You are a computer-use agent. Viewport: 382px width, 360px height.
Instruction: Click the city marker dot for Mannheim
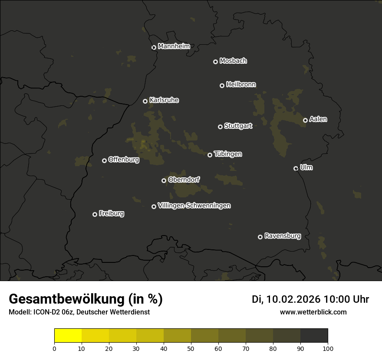tap(154, 48)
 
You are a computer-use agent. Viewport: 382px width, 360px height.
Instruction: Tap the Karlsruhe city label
tap(164, 100)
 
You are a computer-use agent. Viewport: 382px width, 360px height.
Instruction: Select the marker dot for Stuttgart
tap(220, 127)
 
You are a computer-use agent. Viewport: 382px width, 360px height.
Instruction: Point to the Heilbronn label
tap(241, 85)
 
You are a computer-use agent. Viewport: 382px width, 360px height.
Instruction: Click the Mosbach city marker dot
tap(215, 62)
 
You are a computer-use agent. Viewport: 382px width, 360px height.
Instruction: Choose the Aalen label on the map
tap(318, 119)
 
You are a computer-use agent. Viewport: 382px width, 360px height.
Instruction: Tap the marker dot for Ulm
tap(296, 168)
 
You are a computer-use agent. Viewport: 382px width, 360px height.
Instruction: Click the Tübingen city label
tap(228, 154)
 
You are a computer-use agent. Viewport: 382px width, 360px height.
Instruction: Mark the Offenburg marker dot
tap(104, 160)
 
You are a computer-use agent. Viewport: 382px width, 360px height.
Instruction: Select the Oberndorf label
tap(184, 180)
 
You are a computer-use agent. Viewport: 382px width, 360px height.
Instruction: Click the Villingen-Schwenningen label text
tap(194, 206)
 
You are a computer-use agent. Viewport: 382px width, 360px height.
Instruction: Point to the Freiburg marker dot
tap(95, 214)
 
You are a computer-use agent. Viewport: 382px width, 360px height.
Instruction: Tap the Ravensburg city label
tap(282, 236)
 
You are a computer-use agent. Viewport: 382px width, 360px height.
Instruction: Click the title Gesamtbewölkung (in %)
tap(86, 299)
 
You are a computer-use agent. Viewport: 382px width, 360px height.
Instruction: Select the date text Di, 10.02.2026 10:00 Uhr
tap(310, 299)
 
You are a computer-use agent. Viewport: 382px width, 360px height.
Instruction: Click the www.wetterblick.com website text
tap(313, 312)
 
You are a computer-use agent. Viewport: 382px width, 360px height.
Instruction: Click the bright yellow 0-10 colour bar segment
tap(68, 336)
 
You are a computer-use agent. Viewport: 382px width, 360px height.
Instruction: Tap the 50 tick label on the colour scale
tap(191, 348)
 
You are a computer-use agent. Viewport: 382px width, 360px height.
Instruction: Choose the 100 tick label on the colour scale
tap(328, 348)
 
